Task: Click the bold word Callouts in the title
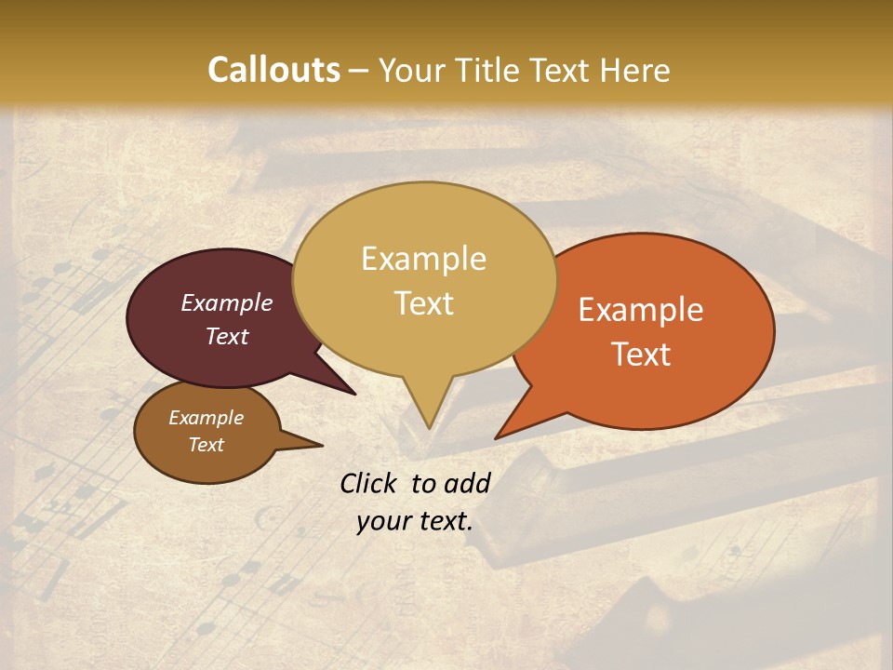pyautogui.click(x=273, y=70)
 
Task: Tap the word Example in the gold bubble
pyautogui.click(x=423, y=259)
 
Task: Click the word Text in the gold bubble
pyautogui.click(x=423, y=303)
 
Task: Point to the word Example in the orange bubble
pyautogui.click(x=641, y=310)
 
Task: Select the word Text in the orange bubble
pyautogui.click(x=641, y=355)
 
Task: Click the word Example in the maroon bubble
pyautogui.click(x=226, y=302)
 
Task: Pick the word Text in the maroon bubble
pyautogui.click(x=226, y=336)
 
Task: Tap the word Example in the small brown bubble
pyautogui.click(x=206, y=418)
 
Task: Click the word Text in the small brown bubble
pyautogui.click(x=206, y=445)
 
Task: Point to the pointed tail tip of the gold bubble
pyautogui.click(x=429, y=428)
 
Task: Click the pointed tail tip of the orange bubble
pyautogui.click(x=496, y=437)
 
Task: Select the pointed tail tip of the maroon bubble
pyautogui.click(x=354, y=394)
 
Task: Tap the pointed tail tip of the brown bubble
pyautogui.click(x=322, y=445)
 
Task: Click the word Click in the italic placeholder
pyautogui.click(x=370, y=483)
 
